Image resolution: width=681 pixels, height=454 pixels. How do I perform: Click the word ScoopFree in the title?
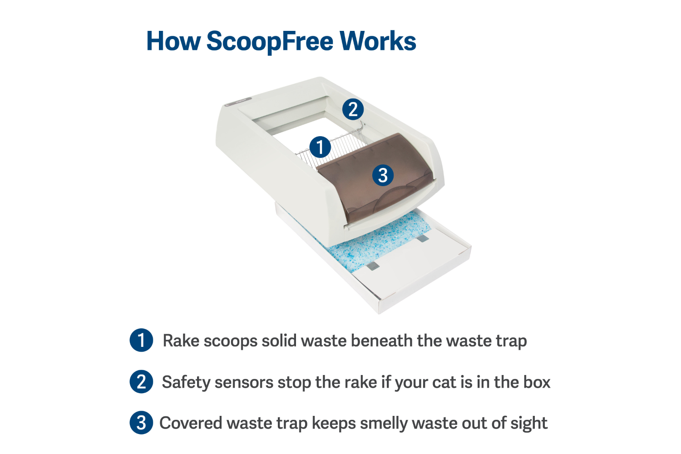(270, 42)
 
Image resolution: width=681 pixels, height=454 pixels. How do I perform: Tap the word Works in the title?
(378, 40)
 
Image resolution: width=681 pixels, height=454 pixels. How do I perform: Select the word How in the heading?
(173, 40)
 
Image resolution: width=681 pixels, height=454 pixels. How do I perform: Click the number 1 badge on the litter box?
(320, 147)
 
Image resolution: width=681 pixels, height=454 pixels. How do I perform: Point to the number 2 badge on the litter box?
(353, 109)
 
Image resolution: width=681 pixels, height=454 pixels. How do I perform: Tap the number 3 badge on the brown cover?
(383, 175)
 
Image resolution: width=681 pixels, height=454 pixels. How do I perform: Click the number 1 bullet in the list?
(141, 340)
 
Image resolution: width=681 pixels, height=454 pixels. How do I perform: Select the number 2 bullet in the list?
(141, 382)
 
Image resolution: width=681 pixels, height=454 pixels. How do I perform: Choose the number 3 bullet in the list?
(141, 423)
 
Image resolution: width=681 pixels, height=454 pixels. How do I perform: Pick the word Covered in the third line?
(191, 423)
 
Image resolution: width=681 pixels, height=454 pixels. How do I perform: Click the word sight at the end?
(529, 424)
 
